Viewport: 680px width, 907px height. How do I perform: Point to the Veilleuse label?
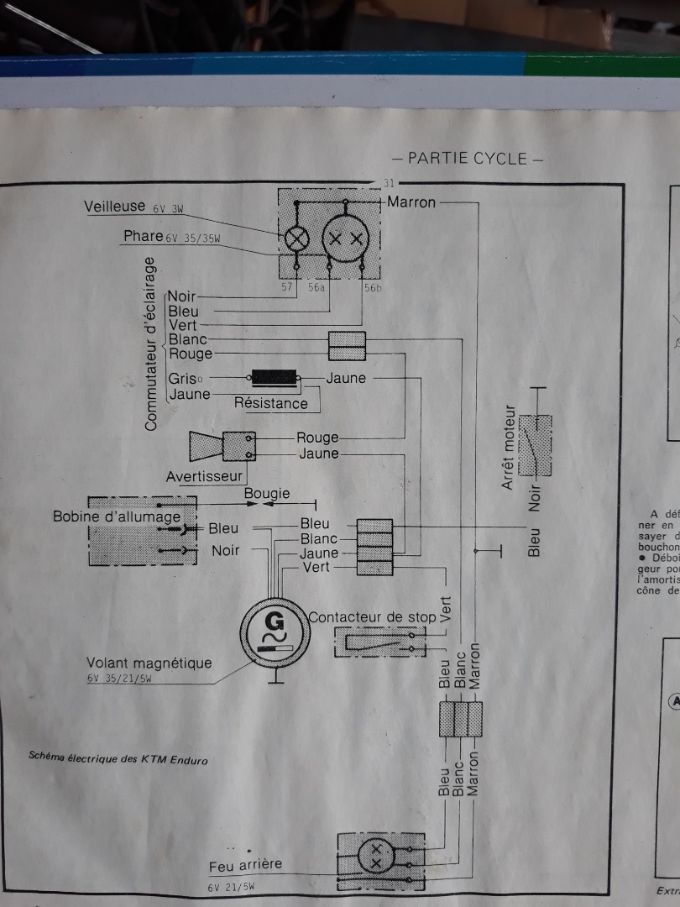[x=115, y=207]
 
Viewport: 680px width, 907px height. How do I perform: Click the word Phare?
[x=143, y=236]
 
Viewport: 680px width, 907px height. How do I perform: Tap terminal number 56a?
[x=317, y=287]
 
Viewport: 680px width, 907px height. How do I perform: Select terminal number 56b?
[x=373, y=287]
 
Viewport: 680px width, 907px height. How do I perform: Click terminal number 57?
[x=286, y=287]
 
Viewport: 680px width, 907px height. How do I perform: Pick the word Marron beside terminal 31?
[x=411, y=202]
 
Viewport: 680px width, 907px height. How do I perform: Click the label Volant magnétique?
[x=149, y=663]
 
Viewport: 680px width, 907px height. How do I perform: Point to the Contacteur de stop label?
[x=372, y=616]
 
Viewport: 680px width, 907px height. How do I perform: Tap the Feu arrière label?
[x=245, y=864]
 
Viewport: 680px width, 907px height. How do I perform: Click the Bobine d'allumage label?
[x=117, y=516]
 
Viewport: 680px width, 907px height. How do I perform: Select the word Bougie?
[x=267, y=493]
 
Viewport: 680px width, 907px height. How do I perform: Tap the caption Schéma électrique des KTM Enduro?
[x=118, y=759]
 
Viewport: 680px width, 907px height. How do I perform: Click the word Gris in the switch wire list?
[x=182, y=379]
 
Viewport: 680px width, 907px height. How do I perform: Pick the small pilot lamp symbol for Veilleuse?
[x=296, y=239]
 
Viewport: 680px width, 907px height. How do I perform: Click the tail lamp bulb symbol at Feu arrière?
[x=375, y=857]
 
